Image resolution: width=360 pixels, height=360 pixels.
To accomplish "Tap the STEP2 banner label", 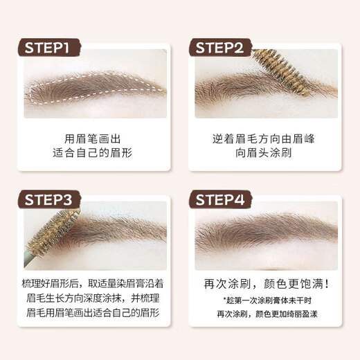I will (226, 48).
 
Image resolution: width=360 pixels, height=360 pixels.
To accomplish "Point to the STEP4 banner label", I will (226, 201).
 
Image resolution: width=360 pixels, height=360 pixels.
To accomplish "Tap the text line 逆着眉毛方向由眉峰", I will (264, 138).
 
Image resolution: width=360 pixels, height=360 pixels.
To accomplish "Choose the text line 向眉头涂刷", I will (264, 154).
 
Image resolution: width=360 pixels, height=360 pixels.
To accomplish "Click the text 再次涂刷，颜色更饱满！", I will (264, 284).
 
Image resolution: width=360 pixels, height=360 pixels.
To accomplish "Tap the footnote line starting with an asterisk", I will (264, 300).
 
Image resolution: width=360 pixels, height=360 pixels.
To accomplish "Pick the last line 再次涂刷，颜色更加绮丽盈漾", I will (264, 314).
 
